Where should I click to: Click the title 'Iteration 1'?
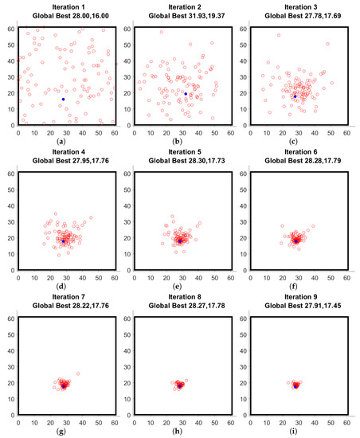pos(66,6)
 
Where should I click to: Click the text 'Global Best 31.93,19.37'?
pos(186,15)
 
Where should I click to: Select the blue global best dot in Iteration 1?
pos(64,99)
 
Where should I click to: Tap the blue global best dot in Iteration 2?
pos(186,94)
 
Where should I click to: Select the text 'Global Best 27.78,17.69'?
pos(304,15)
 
